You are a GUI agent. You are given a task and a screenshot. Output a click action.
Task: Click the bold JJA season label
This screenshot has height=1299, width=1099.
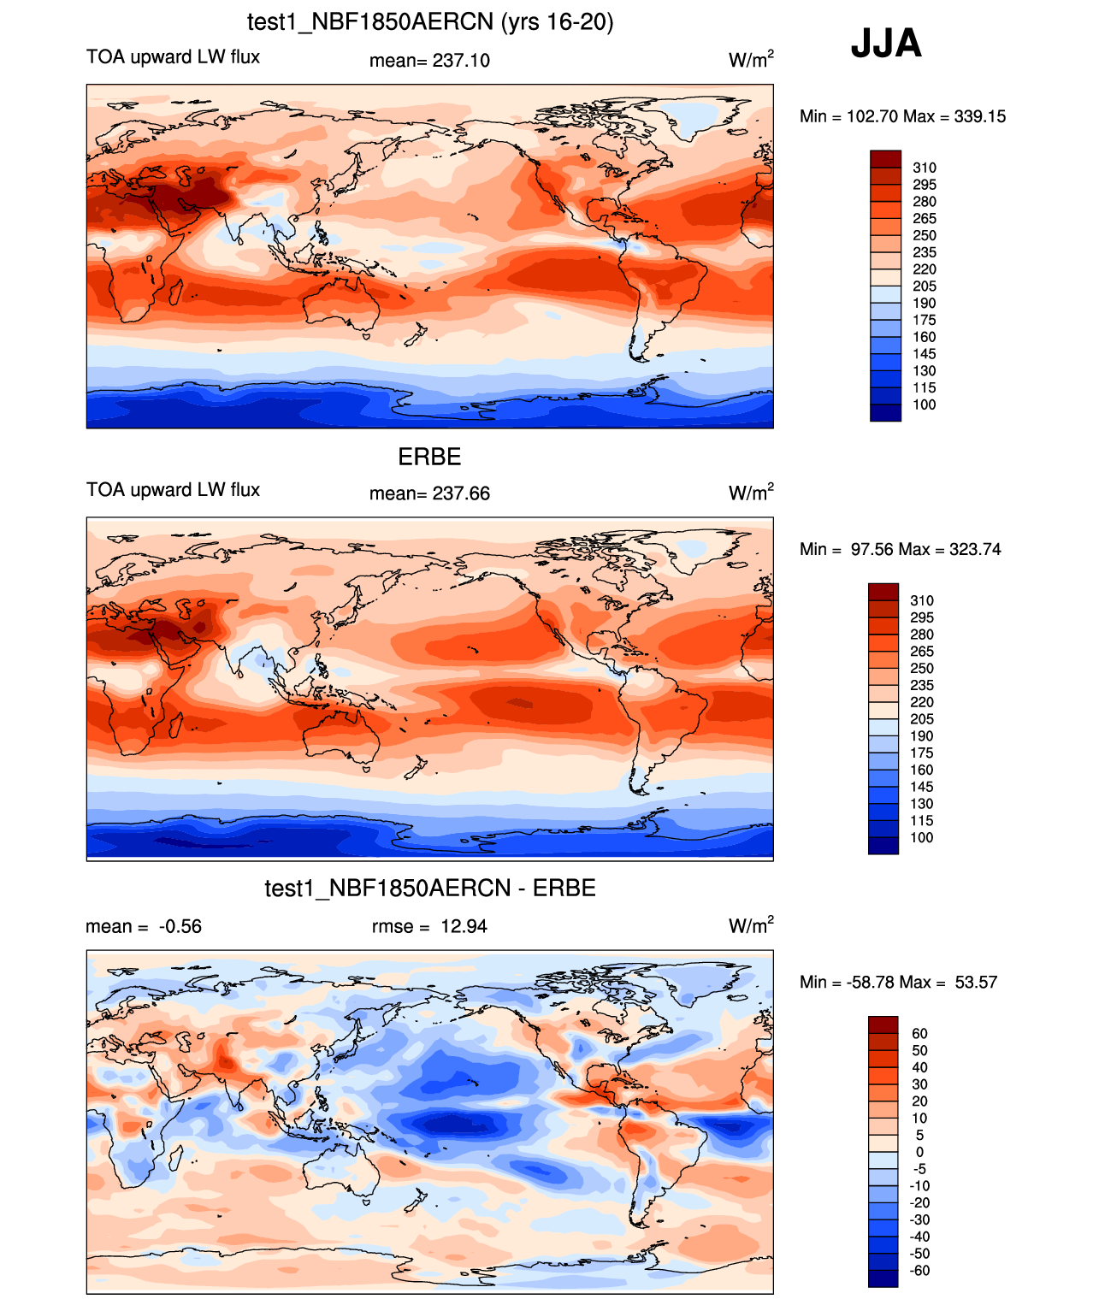pos(885,44)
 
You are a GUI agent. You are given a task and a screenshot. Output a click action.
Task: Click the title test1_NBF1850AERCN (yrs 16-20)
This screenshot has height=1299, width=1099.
pos(430,22)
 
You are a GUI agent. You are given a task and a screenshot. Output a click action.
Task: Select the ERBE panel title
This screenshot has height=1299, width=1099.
pos(430,457)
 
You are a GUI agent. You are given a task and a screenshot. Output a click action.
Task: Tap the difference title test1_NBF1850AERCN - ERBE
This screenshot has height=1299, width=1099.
pos(430,888)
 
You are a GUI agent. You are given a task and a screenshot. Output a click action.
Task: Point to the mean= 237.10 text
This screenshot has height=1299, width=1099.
pos(430,61)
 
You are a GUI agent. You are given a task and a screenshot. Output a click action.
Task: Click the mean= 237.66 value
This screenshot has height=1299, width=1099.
pos(430,493)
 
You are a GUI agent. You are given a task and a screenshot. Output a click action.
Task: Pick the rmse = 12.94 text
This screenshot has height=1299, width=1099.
pos(430,926)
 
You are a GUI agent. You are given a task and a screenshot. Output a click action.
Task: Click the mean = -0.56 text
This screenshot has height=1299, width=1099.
pos(144,926)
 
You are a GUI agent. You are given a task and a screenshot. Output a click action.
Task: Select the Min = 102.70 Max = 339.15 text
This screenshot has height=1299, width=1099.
pos(902,116)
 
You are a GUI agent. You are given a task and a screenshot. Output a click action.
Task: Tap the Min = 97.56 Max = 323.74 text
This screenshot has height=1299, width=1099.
pos(900,549)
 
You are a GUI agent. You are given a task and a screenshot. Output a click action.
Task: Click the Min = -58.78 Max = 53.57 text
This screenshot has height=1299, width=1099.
pos(899,983)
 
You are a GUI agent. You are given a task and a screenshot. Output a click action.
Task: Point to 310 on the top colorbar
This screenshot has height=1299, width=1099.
pos(925,168)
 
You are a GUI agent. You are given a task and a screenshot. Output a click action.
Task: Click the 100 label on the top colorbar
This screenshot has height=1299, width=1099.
pos(925,404)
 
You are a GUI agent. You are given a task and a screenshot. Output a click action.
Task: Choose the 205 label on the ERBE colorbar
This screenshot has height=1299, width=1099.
pos(922,719)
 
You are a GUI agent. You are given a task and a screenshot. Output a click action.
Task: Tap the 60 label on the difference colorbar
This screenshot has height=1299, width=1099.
pos(919,1034)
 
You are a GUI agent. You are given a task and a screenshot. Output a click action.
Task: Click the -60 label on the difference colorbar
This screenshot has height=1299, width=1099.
pos(919,1271)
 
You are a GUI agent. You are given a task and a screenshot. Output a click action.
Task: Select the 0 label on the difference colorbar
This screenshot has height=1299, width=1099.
pos(919,1152)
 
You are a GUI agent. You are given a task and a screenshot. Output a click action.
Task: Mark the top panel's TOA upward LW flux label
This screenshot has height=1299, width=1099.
pos(173,57)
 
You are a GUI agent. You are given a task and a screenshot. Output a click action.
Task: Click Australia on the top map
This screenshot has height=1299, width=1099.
pos(342,305)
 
